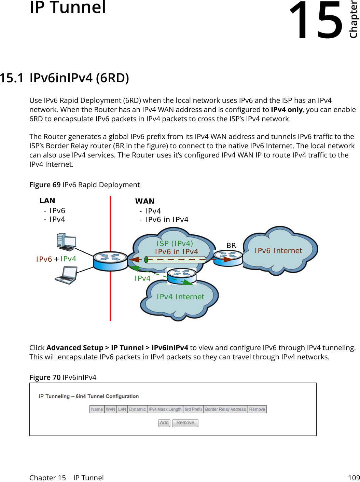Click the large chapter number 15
[x=316, y=20]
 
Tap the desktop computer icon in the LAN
[x=66, y=242]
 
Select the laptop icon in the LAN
[x=66, y=275]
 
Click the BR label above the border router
[x=231, y=246]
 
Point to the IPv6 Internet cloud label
[x=278, y=251]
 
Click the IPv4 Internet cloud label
[x=180, y=297]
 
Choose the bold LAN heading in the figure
[x=47, y=201]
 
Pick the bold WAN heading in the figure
[x=145, y=201]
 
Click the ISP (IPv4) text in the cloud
[x=175, y=243]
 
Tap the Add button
[x=164, y=423]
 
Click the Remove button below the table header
[x=185, y=423]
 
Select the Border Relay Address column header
[x=225, y=409]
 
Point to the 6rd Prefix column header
[x=193, y=409]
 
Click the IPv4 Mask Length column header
[x=165, y=409]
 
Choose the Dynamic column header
[x=137, y=409]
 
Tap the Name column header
[x=97, y=409]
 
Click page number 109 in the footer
[x=354, y=478]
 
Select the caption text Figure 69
[x=45, y=185]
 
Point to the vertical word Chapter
[x=354, y=20]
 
